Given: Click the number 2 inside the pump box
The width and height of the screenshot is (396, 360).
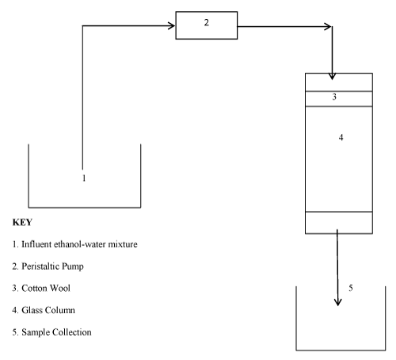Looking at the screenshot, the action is click(207, 22).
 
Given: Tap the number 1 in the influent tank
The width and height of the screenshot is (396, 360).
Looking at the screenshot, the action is click(84, 178).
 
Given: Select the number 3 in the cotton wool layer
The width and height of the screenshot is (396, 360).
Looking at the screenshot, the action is click(334, 97).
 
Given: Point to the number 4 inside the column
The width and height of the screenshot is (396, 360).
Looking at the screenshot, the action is click(341, 137).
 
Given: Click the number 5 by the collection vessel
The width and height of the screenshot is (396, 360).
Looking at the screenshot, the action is click(351, 288).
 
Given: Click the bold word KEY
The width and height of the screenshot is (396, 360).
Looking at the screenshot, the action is click(22, 222).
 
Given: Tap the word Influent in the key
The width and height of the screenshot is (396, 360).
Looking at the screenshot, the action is click(36, 244).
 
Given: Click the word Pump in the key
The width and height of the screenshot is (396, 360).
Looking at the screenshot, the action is click(73, 266).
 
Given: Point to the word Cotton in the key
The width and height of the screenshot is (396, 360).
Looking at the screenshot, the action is click(33, 288).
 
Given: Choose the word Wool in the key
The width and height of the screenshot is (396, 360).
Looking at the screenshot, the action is click(60, 288).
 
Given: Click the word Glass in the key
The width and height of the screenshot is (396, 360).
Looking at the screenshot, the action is click(32, 310).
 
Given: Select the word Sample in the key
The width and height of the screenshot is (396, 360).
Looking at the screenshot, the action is click(36, 332).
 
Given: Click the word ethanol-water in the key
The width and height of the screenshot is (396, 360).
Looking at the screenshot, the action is click(80, 244).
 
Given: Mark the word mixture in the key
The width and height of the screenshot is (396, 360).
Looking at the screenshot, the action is click(123, 244).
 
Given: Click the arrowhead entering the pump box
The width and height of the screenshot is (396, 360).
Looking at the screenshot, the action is click(172, 26).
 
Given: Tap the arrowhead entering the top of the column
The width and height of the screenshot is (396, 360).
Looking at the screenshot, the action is click(332, 76).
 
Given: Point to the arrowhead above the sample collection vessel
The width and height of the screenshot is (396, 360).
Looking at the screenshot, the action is click(338, 303).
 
